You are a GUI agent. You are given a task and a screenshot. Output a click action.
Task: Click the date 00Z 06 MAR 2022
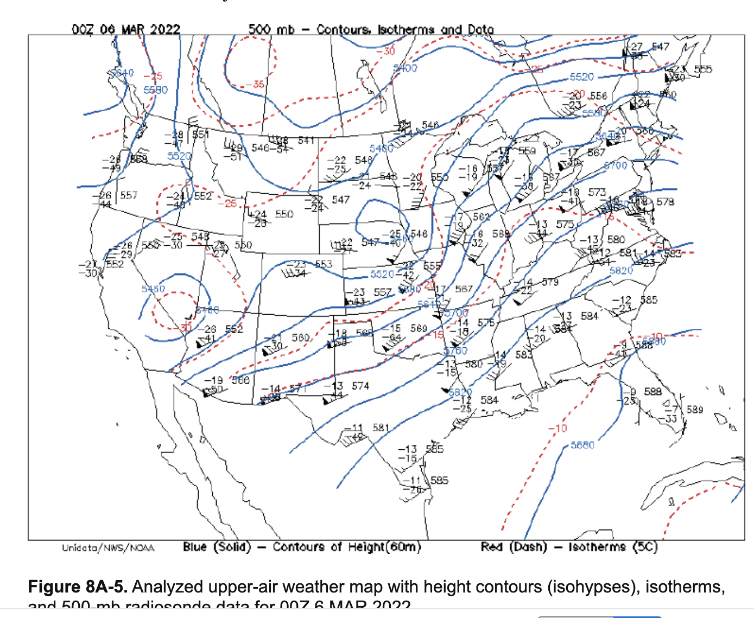pos(126,29)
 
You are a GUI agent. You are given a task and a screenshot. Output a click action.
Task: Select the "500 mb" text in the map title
pos(271,29)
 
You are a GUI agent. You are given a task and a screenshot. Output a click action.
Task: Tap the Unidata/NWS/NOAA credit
pos(108,548)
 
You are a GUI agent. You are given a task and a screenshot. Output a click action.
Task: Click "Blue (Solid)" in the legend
pos(217,547)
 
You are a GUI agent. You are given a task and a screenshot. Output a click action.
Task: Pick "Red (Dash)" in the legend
pos(514,547)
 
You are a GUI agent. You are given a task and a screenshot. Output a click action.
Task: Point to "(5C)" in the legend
pos(645,547)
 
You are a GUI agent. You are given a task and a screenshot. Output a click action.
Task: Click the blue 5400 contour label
pos(405,68)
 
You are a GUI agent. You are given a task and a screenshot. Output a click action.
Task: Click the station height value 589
pos(695,409)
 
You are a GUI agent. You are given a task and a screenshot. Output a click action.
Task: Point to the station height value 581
pos(381,428)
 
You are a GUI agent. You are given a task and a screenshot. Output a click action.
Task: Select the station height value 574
pos(360,386)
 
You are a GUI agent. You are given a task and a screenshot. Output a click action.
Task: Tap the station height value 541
pos(306,141)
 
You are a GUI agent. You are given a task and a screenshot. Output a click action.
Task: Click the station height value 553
pos(324,264)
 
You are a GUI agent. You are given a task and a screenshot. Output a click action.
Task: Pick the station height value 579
pos(550,282)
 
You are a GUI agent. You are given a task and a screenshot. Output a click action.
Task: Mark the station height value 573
pos(597,192)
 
